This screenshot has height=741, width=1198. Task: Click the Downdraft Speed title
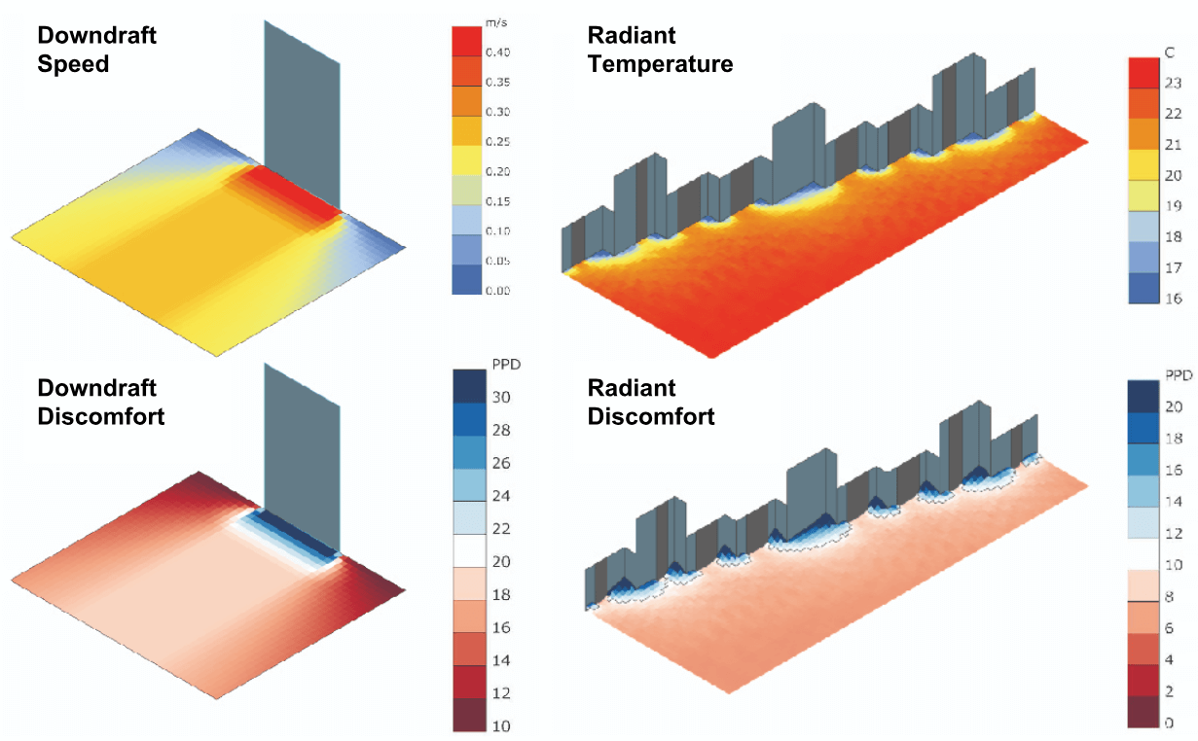point(96,50)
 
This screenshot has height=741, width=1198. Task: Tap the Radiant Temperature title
point(660,50)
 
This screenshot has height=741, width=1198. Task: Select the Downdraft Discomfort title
point(100,402)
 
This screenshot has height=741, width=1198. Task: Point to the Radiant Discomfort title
point(651,402)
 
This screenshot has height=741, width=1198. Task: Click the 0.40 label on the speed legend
point(498,52)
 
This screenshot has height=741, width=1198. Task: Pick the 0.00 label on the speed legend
point(498,291)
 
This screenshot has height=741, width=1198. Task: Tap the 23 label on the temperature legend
point(1174,82)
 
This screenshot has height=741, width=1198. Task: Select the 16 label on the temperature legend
point(1174,299)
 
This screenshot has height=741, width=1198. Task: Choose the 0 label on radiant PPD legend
point(1169,723)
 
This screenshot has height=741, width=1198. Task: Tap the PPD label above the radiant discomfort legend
point(1177,373)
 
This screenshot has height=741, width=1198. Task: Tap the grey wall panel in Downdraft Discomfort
point(302,457)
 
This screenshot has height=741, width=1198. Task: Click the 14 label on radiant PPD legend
point(1174,501)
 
